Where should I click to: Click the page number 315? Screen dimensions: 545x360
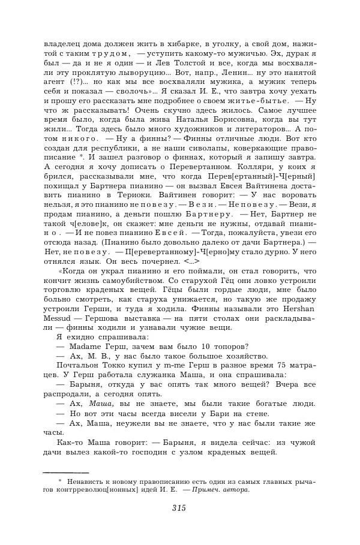(x=179, y=508)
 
